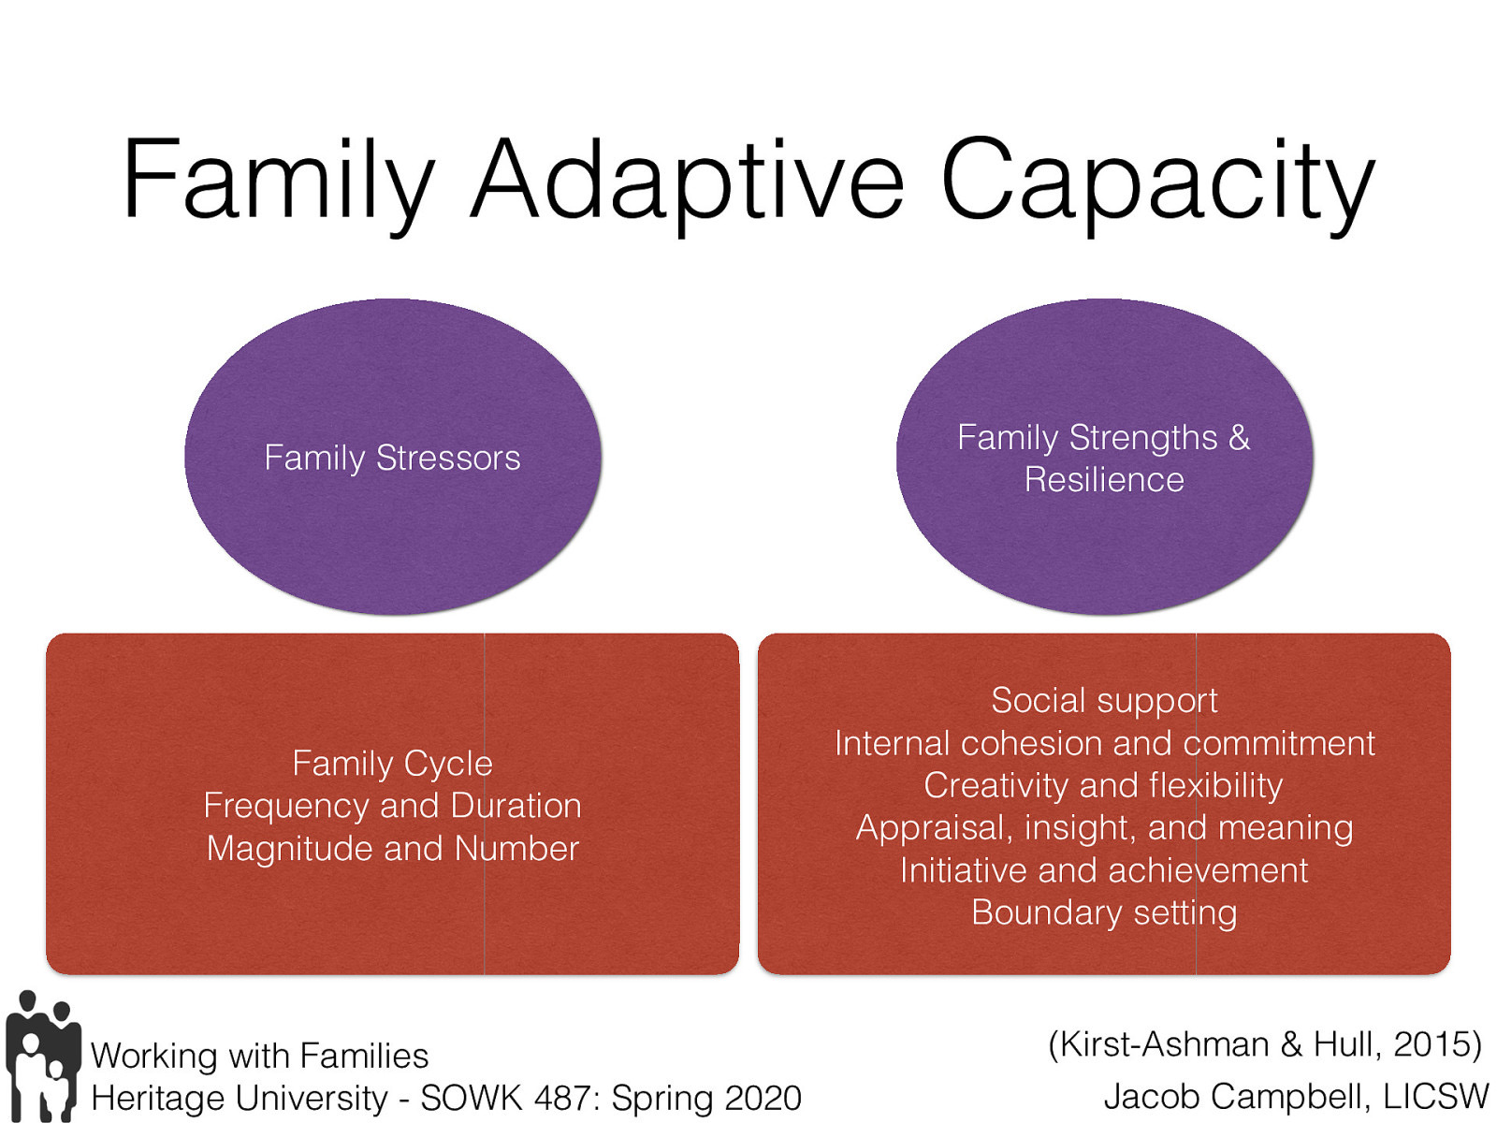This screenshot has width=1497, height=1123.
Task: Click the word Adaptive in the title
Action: [688, 180]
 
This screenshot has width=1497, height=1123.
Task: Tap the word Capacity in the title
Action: [1157, 180]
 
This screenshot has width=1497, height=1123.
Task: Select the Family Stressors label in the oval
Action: [392, 458]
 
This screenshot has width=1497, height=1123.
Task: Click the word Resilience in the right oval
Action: [1104, 479]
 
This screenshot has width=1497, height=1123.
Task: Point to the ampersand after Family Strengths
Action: [1239, 437]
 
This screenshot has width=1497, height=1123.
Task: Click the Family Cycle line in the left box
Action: [392, 763]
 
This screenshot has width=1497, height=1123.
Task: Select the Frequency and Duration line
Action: [392, 806]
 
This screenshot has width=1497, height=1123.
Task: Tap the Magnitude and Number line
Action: [392, 848]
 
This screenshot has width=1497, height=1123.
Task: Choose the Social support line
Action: [1104, 700]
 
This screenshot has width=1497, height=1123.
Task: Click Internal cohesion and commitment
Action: [1104, 743]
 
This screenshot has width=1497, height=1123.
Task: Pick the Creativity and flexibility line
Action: [1104, 785]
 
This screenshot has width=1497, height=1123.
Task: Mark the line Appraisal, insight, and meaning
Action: [1104, 827]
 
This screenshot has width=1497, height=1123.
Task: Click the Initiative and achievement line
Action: [1104, 870]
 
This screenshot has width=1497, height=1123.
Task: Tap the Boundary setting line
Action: [1104, 912]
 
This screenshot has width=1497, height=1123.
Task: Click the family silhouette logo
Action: [42, 1056]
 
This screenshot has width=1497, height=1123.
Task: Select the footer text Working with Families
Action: [259, 1056]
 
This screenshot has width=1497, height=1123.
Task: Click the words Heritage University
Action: [240, 1098]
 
